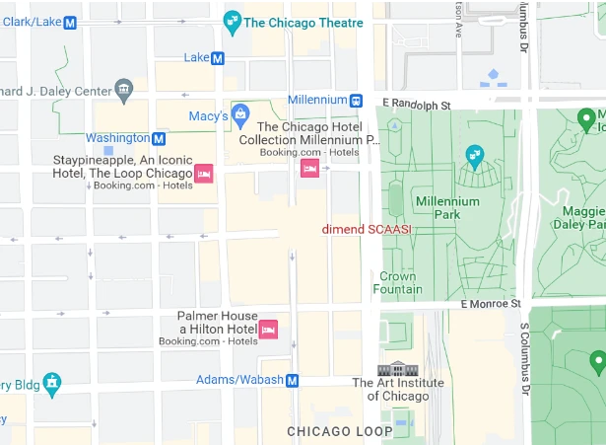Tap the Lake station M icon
[x=218, y=58]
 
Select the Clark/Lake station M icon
[x=70, y=23]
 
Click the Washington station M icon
[x=159, y=138]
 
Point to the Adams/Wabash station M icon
[x=293, y=380]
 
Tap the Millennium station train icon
[x=356, y=100]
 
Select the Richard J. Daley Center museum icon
[x=123, y=91]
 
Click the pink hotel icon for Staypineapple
[x=204, y=173]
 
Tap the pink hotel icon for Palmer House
[x=268, y=329]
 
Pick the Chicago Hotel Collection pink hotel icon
[x=309, y=169]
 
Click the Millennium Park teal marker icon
[x=475, y=156]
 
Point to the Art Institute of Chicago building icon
[x=398, y=369]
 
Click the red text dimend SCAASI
[x=367, y=229]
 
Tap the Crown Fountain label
[x=398, y=283]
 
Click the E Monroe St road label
[x=489, y=306]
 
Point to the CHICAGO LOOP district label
[x=339, y=431]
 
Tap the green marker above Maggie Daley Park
[x=588, y=120]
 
